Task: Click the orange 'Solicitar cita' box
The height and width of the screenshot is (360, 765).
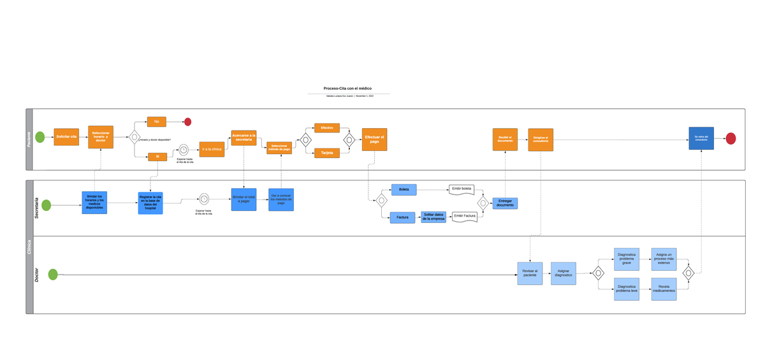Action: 66,137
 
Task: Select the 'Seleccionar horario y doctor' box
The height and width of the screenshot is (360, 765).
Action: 101,137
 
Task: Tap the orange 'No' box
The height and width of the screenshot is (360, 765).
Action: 157,121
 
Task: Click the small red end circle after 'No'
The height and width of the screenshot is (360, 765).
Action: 187,122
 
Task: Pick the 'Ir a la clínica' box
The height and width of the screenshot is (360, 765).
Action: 212,149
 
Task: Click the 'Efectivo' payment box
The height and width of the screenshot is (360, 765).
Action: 327,128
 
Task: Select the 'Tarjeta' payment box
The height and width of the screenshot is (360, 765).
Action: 327,153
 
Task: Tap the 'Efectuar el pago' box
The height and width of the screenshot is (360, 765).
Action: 374,140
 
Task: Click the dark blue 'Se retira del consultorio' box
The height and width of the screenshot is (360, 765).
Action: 701,138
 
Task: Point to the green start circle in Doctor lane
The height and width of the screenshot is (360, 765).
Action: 53,275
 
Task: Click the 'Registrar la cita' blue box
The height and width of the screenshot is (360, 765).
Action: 150,203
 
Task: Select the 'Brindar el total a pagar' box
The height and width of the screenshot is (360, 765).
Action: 244,199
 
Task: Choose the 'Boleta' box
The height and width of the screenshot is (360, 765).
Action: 404,190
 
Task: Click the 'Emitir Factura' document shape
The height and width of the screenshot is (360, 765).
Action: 465,217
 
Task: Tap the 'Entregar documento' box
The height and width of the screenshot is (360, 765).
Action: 505,203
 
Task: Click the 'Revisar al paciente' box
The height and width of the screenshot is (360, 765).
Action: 530,273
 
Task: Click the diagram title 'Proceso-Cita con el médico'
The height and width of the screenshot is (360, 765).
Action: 347,89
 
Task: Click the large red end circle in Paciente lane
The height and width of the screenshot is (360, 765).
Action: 731,139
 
